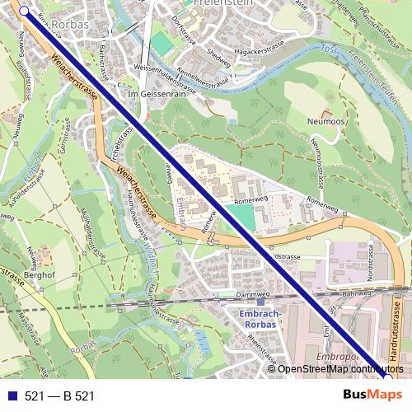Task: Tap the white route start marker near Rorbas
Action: point(23,12)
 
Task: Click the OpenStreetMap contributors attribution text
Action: point(338,368)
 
